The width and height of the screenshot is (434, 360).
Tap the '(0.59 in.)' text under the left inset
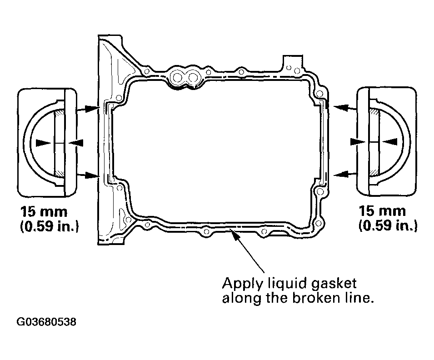(50, 226)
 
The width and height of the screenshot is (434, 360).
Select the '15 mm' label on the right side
(383, 211)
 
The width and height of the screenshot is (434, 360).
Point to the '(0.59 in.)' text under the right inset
(388, 226)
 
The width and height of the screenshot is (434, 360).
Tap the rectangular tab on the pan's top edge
(289, 62)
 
